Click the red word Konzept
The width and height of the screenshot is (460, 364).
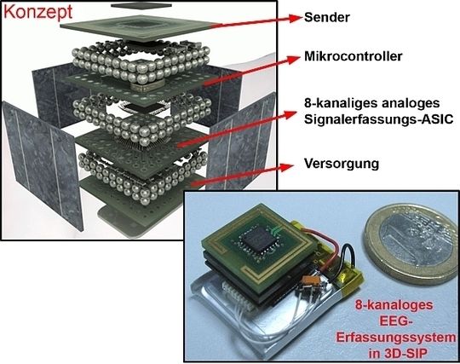pos(37,12)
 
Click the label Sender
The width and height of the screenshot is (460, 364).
pos(327,17)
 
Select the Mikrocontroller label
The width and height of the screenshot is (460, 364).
pos(354,56)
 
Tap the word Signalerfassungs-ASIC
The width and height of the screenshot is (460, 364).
pos(379,119)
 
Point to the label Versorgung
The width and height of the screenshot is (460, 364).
pos(342,164)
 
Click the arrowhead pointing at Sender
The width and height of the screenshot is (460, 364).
pos(295,18)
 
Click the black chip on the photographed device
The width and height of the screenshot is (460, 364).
pos(258,240)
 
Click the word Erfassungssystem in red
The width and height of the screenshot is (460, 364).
pos(396,338)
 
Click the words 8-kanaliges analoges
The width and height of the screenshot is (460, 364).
pos(372,103)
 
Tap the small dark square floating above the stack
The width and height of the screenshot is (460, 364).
pos(141,5)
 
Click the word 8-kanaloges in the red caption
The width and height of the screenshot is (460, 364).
pos(394,305)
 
